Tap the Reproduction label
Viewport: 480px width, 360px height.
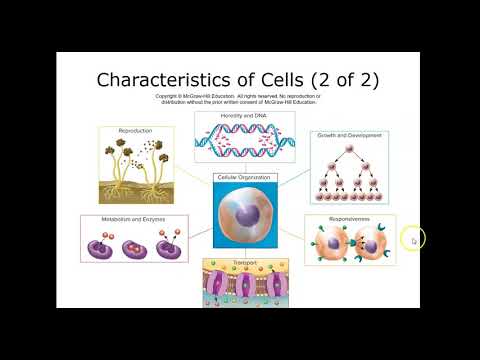tap(134, 131)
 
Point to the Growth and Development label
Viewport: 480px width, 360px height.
tap(349, 134)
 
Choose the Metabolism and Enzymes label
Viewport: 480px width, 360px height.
tap(125, 218)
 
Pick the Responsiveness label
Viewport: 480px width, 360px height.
tap(350, 218)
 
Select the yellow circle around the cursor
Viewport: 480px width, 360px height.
tap(413, 240)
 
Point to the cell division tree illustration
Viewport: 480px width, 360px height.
tap(349, 168)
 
